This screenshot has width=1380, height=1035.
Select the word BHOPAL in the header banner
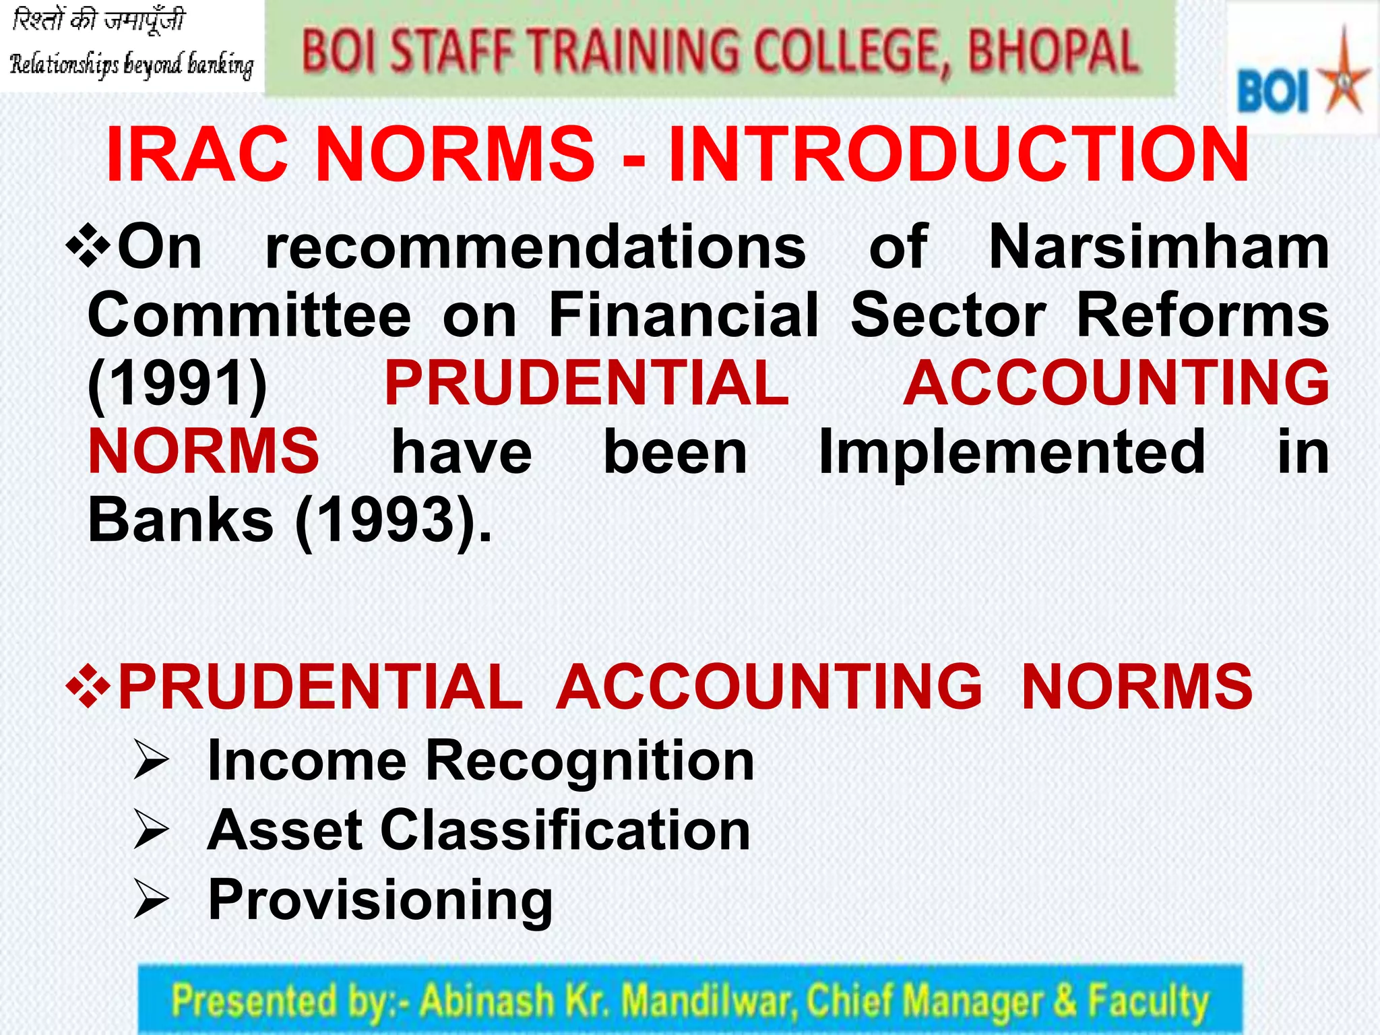tap(1053, 52)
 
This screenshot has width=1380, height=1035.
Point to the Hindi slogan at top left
tap(98, 21)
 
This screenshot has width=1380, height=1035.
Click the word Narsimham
tap(1159, 247)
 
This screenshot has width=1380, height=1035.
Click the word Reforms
tap(1203, 315)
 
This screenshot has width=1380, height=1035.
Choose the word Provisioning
tap(381, 900)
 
